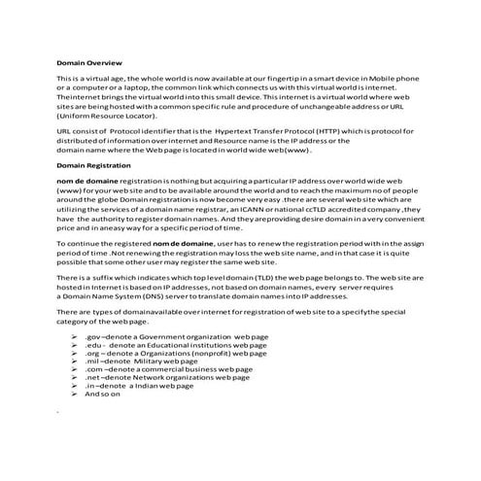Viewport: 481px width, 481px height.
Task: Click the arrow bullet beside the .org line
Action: (75, 352)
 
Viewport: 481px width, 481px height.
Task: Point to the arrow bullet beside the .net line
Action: (75, 377)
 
